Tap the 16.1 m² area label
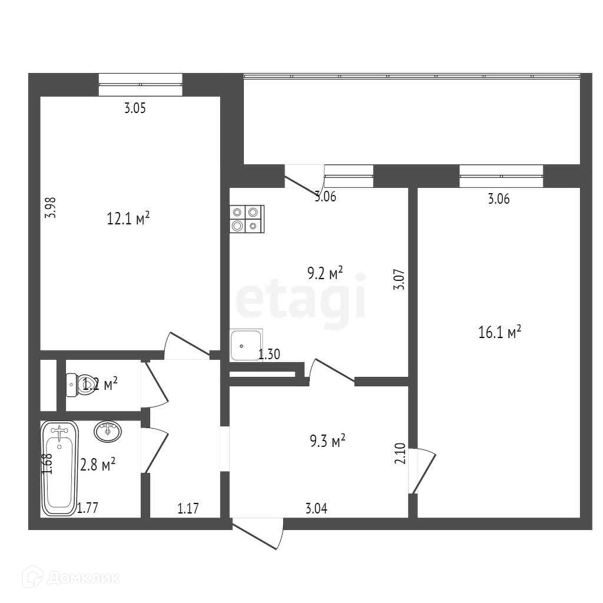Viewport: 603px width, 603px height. (500, 333)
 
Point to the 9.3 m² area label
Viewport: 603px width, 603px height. (327, 441)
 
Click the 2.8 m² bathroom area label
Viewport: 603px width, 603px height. (98, 465)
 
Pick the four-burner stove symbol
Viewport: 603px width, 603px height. (246, 218)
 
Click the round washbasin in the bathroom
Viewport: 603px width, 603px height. (108, 431)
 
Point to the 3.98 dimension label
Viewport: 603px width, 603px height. (51, 207)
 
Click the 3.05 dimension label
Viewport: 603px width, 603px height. (134, 108)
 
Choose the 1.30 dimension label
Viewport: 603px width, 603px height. (269, 354)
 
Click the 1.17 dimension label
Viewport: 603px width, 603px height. (188, 508)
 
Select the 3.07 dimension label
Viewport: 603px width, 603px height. (399, 279)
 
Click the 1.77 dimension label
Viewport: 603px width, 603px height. (88, 508)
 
